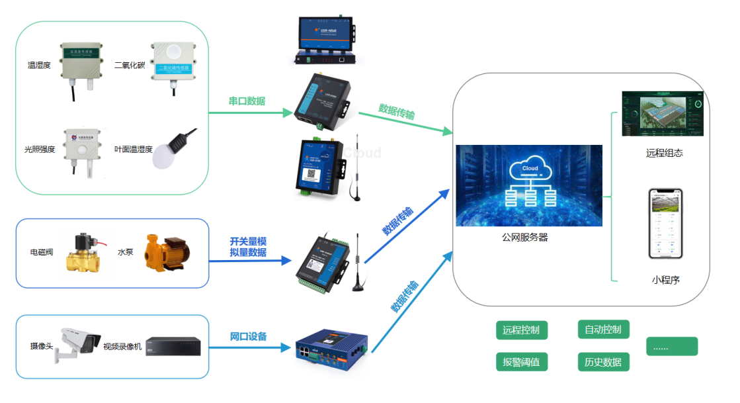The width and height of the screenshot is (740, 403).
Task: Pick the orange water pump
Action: [167, 251]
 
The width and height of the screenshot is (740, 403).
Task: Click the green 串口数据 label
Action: [247, 101]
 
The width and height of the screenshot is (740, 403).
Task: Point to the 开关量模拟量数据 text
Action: [248, 246]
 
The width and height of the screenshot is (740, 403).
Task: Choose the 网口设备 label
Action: [248, 337]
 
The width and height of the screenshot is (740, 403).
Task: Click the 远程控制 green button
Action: [521, 330]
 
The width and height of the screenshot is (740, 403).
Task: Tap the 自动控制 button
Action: [603, 329]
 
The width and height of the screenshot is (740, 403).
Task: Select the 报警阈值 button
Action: [521, 362]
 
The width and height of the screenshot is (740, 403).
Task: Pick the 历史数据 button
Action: [603, 362]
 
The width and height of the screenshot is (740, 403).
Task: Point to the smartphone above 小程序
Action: [665, 223]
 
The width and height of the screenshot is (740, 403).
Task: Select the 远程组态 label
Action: [664, 153]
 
